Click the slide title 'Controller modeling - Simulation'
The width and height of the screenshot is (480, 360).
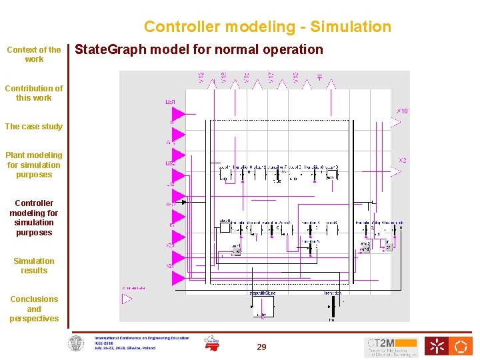pyautogui.click(x=267, y=27)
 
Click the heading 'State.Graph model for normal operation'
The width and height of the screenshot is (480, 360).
pyautogui.click(x=199, y=49)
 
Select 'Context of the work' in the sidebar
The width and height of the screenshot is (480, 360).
pyautogui.click(x=34, y=54)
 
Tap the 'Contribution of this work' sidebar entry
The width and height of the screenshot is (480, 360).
pyautogui.click(x=34, y=93)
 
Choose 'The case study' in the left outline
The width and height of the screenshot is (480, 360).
pyautogui.click(x=34, y=127)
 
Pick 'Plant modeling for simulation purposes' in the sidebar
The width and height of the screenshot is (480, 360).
pyautogui.click(x=34, y=165)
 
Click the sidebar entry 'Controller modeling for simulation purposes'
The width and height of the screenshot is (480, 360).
pyautogui.click(x=34, y=217)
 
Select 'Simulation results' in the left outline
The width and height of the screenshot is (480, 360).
pyautogui.click(x=34, y=265)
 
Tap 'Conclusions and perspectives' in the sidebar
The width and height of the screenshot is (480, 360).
pyautogui.click(x=34, y=309)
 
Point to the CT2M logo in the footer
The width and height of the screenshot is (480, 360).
pyautogui.click(x=391, y=347)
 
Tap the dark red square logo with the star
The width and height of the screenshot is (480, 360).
pyautogui.click(x=437, y=346)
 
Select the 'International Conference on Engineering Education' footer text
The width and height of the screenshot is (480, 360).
pyautogui.click(x=141, y=338)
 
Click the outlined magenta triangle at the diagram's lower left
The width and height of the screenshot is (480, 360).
pyautogui.click(x=127, y=299)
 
